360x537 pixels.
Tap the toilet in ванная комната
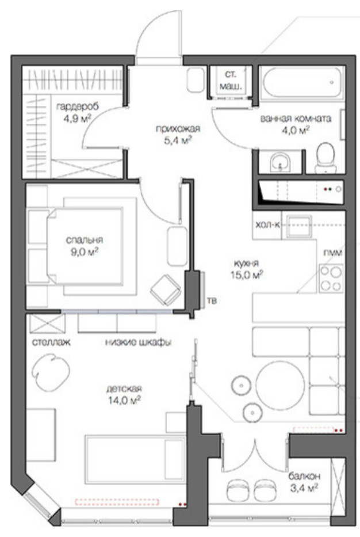[325, 158]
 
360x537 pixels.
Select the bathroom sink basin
[280, 162]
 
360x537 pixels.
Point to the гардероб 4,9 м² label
[77, 112]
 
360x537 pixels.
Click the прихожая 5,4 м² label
[178, 135]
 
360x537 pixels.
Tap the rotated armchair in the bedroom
[166, 290]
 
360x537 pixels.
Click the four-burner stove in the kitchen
[331, 278]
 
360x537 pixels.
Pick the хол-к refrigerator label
[267, 224]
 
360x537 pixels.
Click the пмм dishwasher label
[333, 253]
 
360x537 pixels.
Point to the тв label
[212, 301]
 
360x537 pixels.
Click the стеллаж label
[51, 342]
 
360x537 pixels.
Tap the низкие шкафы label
[138, 342]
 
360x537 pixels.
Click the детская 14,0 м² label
[124, 394]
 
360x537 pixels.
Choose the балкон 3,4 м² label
[304, 482]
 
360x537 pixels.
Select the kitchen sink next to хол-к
[298, 226]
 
